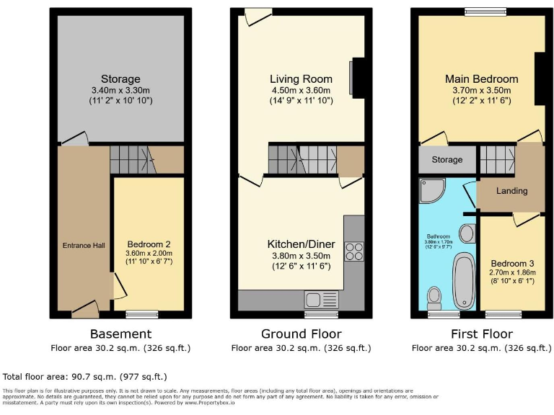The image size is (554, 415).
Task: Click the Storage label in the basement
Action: tap(120, 79)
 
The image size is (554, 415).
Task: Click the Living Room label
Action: tap(301, 79)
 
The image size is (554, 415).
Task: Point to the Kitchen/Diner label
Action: tap(300, 244)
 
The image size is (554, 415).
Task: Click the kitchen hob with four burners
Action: tap(355, 251)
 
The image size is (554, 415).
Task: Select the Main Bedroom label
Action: tap(481, 79)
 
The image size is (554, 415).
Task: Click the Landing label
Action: tap(511, 191)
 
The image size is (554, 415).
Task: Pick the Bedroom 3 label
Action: tap(510, 264)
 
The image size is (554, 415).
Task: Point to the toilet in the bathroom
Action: tap(434, 295)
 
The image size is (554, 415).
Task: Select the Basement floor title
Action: tap(120, 334)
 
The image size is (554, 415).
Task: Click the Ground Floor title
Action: tap(301, 334)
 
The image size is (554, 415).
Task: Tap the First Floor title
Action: tap(481, 334)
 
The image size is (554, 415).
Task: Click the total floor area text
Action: tap(85, 376)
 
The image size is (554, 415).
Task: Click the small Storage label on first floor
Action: tap(447, 160)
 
